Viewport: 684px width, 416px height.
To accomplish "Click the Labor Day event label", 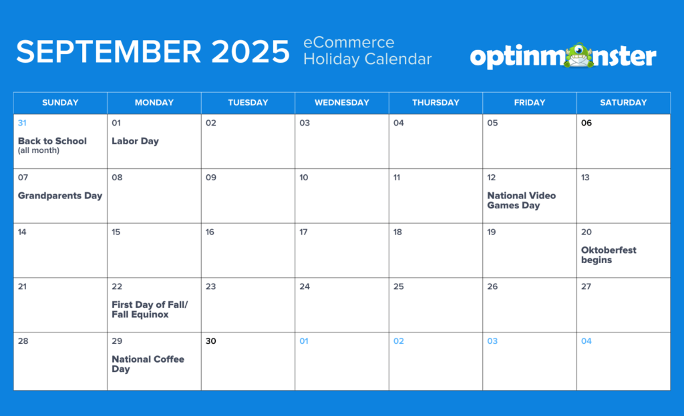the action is tap(135, 142).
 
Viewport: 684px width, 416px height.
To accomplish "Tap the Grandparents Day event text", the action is tap(60, 196).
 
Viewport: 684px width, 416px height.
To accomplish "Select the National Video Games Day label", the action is tap(521, 200).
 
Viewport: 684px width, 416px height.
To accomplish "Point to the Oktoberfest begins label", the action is tap(609, 255).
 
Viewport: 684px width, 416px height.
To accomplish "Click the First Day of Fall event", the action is tap(150, 310).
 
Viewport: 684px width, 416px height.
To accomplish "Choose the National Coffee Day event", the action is tap(148, 364).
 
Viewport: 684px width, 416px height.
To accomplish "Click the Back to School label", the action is tap(52, 142).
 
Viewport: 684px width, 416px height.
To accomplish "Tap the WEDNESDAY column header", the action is tap(342, 103).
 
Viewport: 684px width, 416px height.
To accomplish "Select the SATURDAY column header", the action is tap(623, 103).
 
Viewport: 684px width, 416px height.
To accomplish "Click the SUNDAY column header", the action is tap(60, 103).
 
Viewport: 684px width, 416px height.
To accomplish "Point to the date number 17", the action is tap(304, 232).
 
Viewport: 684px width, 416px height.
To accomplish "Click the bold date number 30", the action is tap(210, 341).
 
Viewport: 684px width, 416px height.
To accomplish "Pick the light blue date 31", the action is tap(22, 123).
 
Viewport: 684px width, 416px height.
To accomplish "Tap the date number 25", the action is tap(399, 286).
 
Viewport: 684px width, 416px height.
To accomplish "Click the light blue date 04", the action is tap(586, 341).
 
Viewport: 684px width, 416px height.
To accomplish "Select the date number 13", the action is tap(585, 178).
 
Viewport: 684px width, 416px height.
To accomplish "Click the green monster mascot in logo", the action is tap(579, 55).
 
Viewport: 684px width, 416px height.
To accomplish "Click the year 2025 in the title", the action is tap(250, 52).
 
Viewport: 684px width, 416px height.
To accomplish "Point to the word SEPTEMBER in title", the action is tap(109, 52).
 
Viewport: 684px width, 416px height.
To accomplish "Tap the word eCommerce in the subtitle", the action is tap(349, 43).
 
